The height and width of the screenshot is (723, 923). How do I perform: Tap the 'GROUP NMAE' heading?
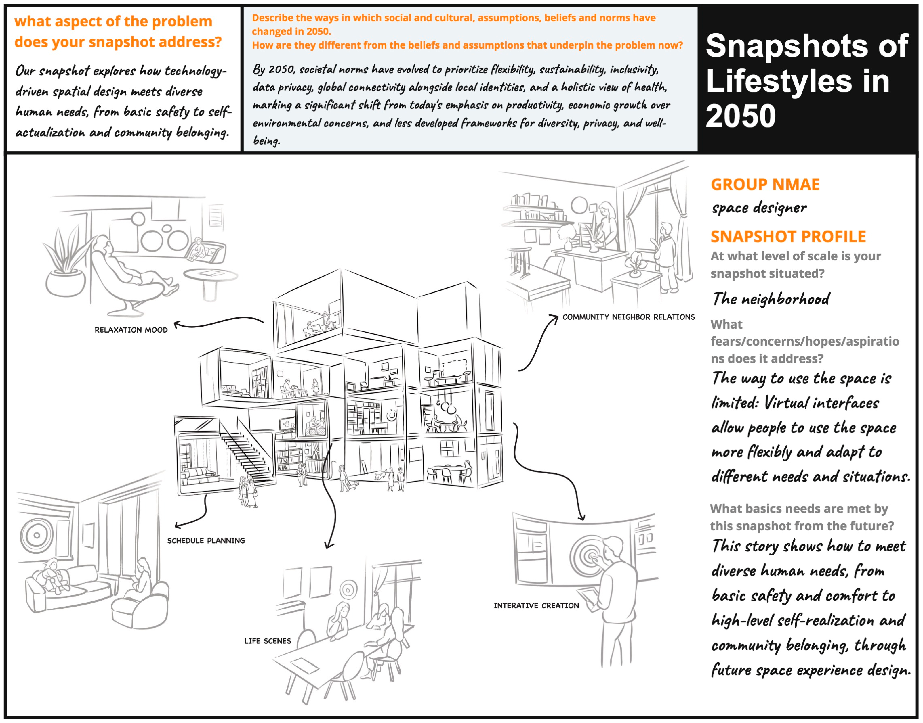(765, 185)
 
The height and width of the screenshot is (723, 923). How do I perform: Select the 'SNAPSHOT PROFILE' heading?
(788, 237)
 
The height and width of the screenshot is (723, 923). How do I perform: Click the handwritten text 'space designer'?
(759, 208)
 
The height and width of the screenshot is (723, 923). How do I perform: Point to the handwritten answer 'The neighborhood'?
(771, 299)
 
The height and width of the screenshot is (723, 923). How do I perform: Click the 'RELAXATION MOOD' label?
(131, 330)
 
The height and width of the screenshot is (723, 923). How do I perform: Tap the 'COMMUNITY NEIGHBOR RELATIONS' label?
(628, 317)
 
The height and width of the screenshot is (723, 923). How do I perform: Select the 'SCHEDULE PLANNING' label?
(206, 540)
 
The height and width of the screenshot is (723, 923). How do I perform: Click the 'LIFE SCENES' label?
(267, 641)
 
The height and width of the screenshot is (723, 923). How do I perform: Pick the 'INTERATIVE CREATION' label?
(536, 606)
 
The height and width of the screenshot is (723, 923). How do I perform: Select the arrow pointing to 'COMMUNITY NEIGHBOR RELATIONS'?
(540, 343)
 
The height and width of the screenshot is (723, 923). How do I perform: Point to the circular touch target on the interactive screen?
(587, 555)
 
